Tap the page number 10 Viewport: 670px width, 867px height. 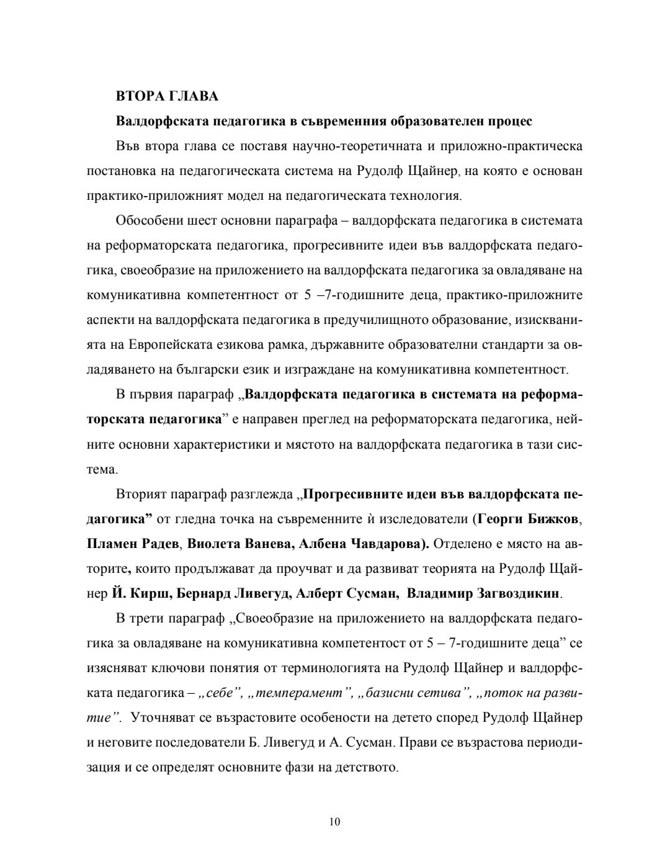335,822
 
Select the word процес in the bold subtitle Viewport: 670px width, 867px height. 510,121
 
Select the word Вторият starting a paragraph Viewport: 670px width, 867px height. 140,494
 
